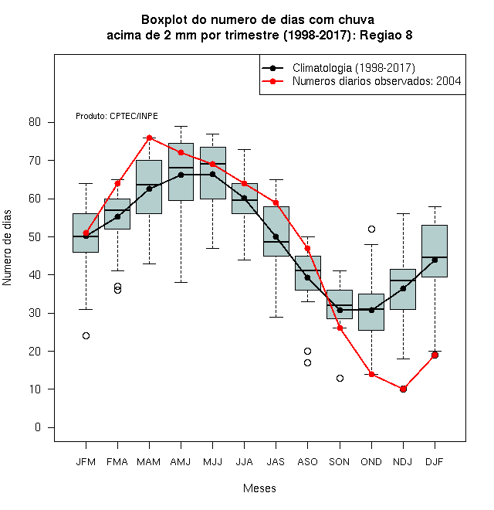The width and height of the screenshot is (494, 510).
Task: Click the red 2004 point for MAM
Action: pyautogui.click(x=149, y=138)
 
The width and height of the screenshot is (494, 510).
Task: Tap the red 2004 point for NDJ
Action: pyautogui.click(x=404, y=389)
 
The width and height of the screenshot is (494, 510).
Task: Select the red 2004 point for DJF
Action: pyautogui.click(x=435, y=355)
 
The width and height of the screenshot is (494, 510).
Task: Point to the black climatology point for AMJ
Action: pyautogui.click(x=181, y=175)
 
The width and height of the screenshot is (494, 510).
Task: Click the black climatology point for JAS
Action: pyautogui.click(x=276, y=236)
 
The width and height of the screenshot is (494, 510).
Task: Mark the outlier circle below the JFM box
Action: pyautogui.click(x=86, y=335)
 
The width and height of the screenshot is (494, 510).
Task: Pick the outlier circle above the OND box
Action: pyautogui.click(x=371, y=229)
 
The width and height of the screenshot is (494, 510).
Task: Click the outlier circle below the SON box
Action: pyautogui.click(x=340, y=378)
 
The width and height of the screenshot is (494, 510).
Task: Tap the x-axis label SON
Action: pyautogui.click(x=340, y=462)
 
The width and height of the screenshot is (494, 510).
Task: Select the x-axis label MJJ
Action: pyautogui.click(x=212, y=462)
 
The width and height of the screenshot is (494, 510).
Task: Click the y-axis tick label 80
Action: pyautogui.click(x=35, y=122)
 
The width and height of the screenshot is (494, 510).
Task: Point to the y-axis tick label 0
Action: pyautogui.click(x=38, y=427)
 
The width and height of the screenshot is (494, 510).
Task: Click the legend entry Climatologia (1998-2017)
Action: pyautogui.click(x=354, y=68)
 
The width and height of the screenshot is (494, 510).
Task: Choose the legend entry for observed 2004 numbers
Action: pyautogui.click(x=377, y=81)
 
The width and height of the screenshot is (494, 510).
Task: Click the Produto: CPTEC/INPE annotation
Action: pyautogui.click(x=117, y=116)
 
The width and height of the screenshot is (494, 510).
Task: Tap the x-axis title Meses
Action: pyautogui.click(x=259, y=488)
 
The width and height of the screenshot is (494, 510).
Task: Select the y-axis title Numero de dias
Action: pyautogui.click(x=7, y=248)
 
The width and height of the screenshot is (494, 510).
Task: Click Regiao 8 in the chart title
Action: pyautogui.click(x=386, y=35)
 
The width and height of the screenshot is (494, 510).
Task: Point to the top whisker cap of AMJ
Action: pyautogui.click(x=181, y=126)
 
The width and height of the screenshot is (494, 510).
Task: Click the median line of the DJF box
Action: pyautogui.click(x=435, y=257)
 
